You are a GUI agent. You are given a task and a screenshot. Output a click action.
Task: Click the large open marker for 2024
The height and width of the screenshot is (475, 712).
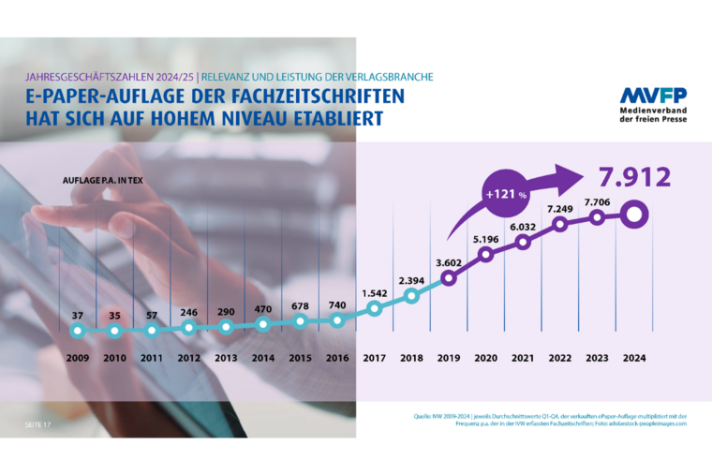pos(633,215)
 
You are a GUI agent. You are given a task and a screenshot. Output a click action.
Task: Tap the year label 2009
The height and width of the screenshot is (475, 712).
pos(79,357)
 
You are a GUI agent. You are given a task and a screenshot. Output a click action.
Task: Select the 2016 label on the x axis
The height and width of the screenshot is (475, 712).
pos(337,357)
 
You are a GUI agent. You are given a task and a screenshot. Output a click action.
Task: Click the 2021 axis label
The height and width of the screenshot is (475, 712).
pos(522,357)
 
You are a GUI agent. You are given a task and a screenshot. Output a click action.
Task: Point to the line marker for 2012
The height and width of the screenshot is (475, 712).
pos(189,328)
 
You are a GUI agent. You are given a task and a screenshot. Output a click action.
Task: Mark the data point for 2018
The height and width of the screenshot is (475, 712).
pos(411,297)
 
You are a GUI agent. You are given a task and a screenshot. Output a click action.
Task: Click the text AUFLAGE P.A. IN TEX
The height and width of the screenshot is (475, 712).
pos(102,179)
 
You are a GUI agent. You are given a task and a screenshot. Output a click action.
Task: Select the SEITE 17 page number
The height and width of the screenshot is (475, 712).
pos(38,425)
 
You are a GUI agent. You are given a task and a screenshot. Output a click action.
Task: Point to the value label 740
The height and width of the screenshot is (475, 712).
pos(337,305)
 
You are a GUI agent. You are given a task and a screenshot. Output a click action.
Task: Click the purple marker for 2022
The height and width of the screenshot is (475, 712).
pos(559,225)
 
